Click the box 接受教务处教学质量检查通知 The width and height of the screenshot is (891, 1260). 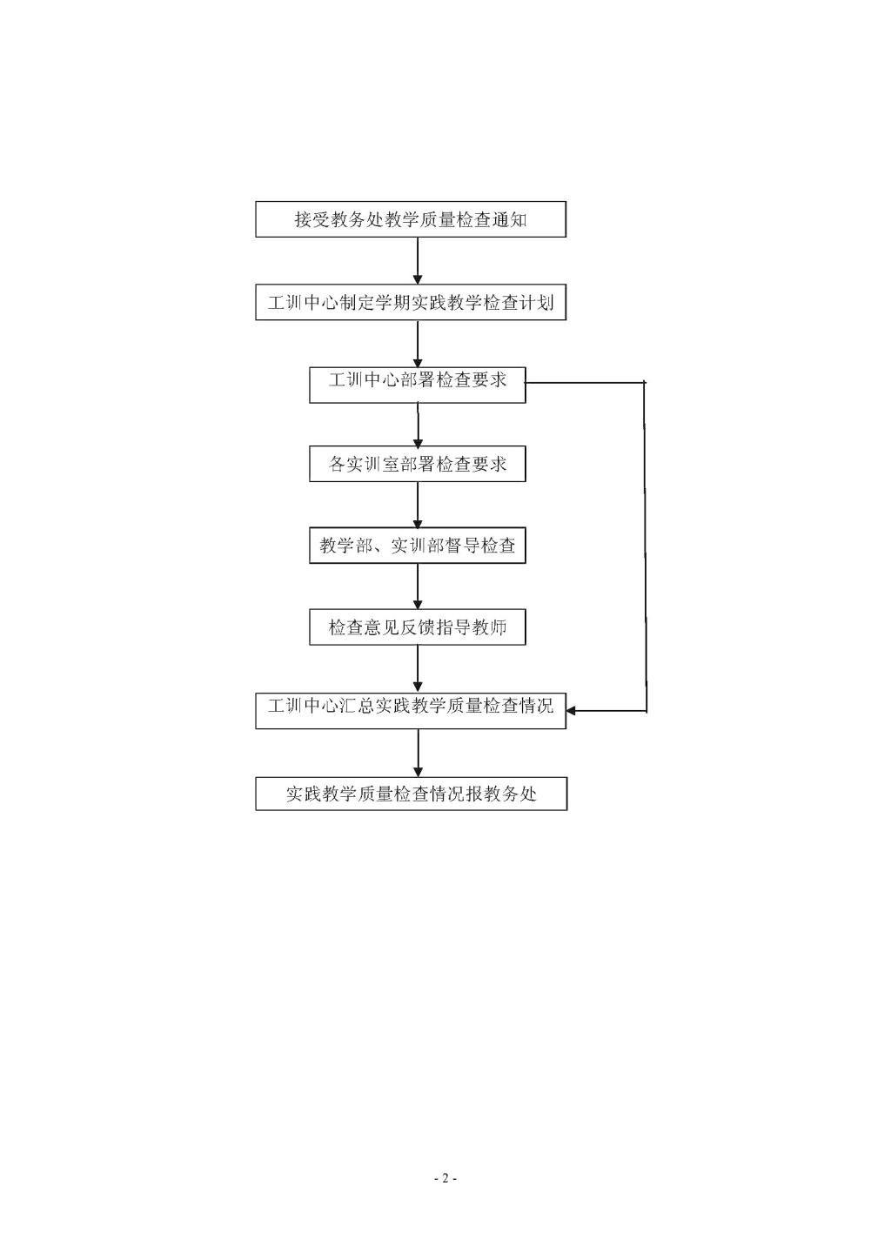point(411,218)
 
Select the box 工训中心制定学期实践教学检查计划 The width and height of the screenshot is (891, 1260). point(411,302)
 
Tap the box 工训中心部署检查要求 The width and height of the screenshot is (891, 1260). point(418,385)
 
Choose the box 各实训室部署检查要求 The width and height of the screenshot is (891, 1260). point(418,464)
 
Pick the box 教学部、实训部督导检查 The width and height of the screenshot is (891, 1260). point(418,545)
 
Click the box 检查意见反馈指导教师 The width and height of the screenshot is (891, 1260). point(418,627)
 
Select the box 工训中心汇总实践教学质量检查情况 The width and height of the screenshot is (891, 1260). point(411,711)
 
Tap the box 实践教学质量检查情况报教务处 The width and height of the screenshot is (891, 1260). point(412,794)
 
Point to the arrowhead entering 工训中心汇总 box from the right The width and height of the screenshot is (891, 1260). point(570,711)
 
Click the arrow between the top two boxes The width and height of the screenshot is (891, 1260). point(418,261)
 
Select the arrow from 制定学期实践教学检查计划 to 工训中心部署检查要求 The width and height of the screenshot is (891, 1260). point(418,344)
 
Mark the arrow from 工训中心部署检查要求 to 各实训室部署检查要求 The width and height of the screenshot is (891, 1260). point(418,425)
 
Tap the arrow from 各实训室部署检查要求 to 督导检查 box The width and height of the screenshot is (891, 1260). point(418,505)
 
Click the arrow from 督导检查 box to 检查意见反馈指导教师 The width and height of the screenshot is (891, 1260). point(418,586)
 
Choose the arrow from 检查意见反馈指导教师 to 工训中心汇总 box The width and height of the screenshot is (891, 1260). point(418,669)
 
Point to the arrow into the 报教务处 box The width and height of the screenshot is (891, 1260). point(418,754)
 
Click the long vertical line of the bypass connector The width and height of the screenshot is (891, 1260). point(645,546)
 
